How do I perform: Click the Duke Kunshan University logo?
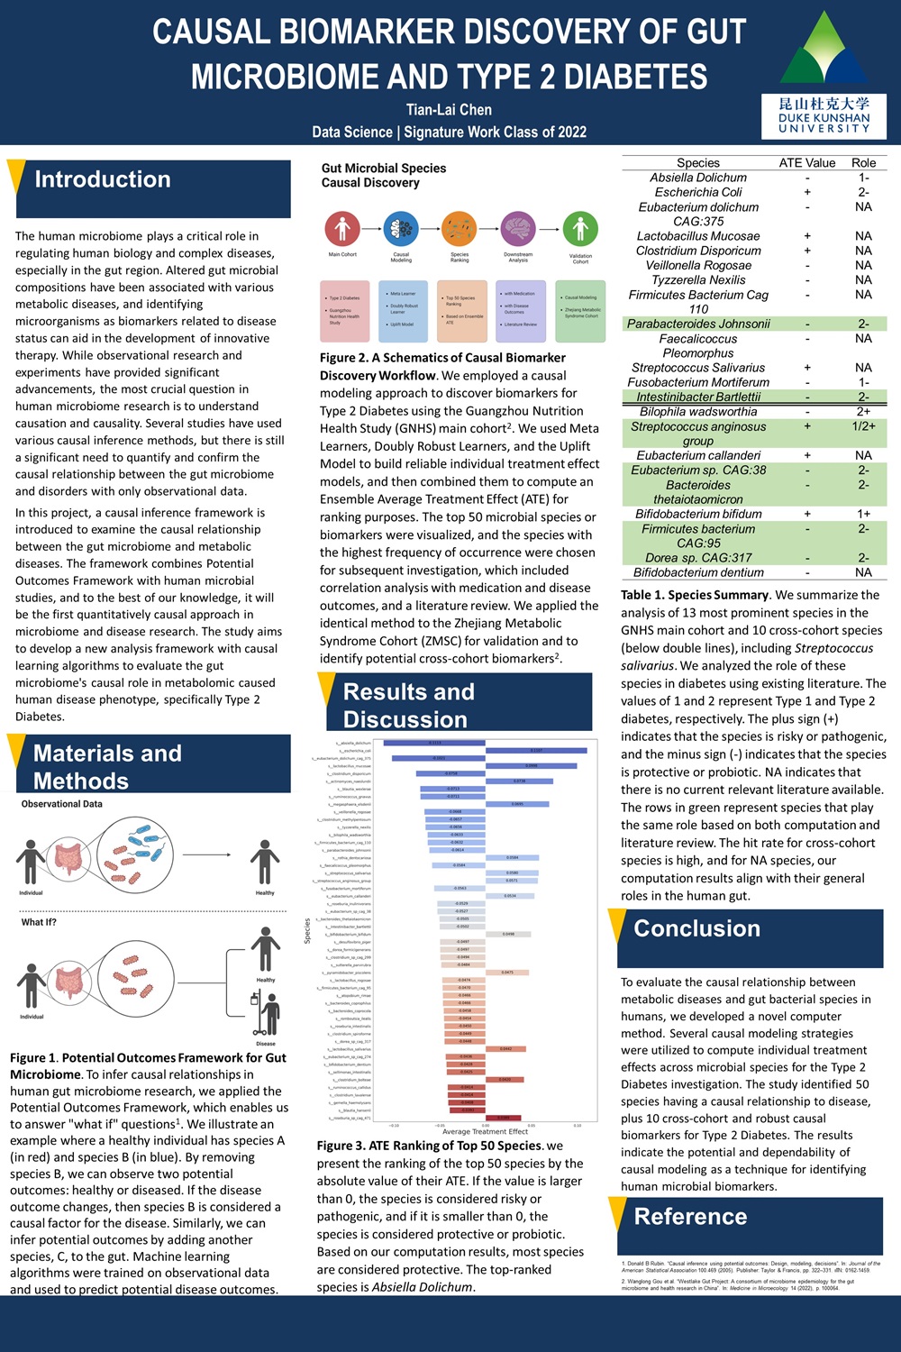[824, 76]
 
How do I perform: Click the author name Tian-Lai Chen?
[449, 110]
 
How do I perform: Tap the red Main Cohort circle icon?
[342, 229]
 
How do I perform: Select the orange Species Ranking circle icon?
[460, 229]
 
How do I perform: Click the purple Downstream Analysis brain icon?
[518, 229]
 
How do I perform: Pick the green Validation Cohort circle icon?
[580, 229]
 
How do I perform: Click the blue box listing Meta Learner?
[403, 310]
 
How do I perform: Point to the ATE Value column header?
[807, 163]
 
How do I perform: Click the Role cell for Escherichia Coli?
[863, 192]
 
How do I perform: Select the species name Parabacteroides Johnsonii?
[698, 324]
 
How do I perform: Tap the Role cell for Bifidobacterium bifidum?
[863, 514]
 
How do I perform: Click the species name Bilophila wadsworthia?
[698, 412]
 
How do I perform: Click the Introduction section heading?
[103, 179]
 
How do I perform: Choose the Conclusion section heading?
[696, 928]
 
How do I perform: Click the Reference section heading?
[690, 1217]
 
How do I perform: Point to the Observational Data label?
[62, 804]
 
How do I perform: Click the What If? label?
[39, 922]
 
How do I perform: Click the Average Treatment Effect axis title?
[485, 1131]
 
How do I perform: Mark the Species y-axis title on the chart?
[307, 930]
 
